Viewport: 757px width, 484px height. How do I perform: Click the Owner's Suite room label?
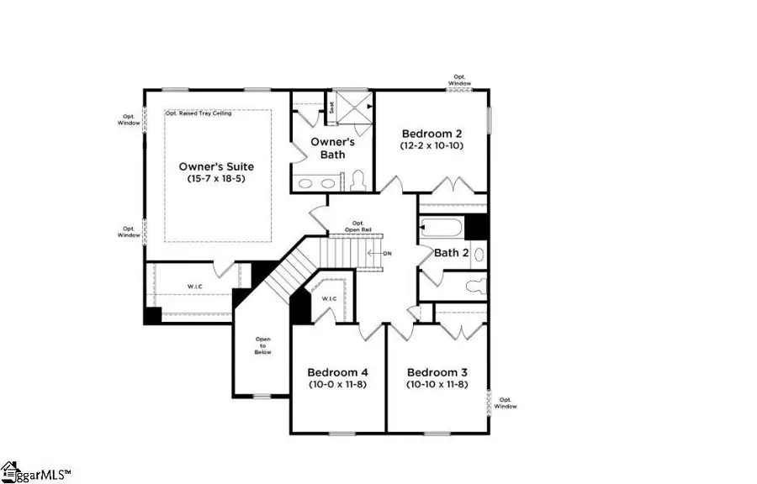[x=216, y=166]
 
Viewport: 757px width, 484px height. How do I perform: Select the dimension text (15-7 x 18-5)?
[x=216, y=180]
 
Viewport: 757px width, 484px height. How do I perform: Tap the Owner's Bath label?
[x=333, y=148]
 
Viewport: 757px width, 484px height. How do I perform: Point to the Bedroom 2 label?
[x=431, y=133]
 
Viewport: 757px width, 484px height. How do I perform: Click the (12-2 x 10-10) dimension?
[x=431, y=145]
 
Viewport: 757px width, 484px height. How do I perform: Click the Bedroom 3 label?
[x=437, y=372]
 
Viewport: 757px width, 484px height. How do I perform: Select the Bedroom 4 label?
[x=337, y=372]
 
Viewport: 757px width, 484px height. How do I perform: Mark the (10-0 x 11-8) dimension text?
[x=337, y=384]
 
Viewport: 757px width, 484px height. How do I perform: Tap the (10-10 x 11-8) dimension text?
[x=437, y=384]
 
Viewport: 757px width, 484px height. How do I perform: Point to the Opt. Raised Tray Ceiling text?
[x=199, y=113]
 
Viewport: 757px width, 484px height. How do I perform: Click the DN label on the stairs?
[x=387, y=253]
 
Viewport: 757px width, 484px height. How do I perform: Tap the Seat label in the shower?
[x=331, y=108]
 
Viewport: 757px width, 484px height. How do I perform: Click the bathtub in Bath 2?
[x=440, y=228]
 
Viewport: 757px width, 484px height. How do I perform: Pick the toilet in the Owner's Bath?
[x=357, y=180]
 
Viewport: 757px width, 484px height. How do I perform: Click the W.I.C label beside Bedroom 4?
[x=329, y=297]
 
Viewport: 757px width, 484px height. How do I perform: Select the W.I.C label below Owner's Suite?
[x=193, y=288]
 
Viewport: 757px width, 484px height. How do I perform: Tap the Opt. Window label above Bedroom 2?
[x=459, y=80]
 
